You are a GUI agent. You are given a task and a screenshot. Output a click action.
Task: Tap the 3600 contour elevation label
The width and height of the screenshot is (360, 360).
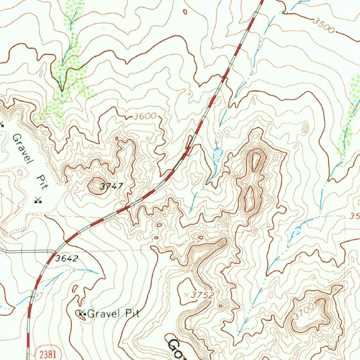coord(144,116)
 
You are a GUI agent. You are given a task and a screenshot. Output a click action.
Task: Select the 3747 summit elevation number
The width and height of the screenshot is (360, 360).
coord(111,187)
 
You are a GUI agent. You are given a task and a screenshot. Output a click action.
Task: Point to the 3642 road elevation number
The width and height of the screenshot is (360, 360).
coord(66,259)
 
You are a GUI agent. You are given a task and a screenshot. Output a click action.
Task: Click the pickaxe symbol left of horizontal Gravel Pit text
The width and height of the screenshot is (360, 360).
coord(83,312)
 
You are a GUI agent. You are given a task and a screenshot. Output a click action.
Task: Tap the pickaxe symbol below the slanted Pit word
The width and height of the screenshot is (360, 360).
coord(38,200)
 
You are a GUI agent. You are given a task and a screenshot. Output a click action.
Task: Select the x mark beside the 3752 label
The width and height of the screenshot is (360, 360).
coord(187,294)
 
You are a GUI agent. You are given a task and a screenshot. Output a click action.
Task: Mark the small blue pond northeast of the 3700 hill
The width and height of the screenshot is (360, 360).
coord(297,231)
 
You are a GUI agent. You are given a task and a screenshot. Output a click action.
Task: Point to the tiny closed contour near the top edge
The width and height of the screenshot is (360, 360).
coord(185,12)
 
